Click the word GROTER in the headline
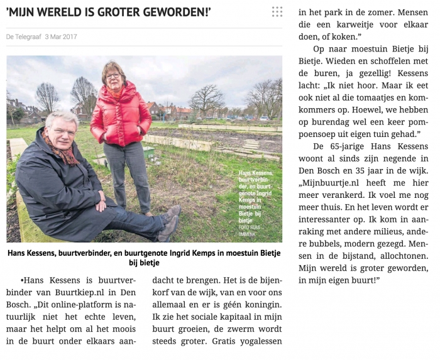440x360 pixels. point(121,11)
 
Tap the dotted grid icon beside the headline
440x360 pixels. point(277,11)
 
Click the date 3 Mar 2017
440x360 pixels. point(61,37)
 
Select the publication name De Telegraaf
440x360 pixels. point(23,37)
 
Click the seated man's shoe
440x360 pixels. point(168,227)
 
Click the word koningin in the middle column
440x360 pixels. point(260,305)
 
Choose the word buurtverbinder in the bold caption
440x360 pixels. point(98,253)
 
